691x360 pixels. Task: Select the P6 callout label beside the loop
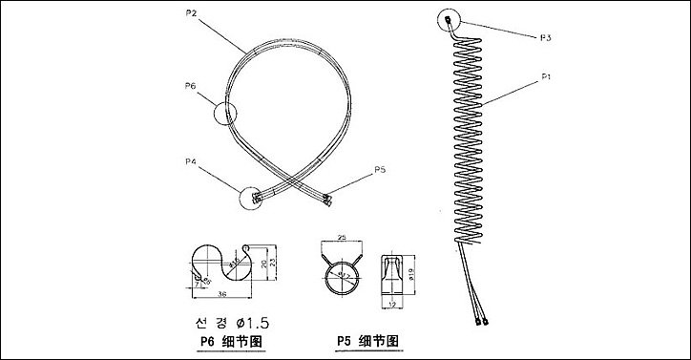(190, 86)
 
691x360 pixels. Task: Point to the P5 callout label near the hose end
(380, 169)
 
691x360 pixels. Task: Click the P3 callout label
(545, 37)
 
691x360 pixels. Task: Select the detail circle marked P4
(252, 197)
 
